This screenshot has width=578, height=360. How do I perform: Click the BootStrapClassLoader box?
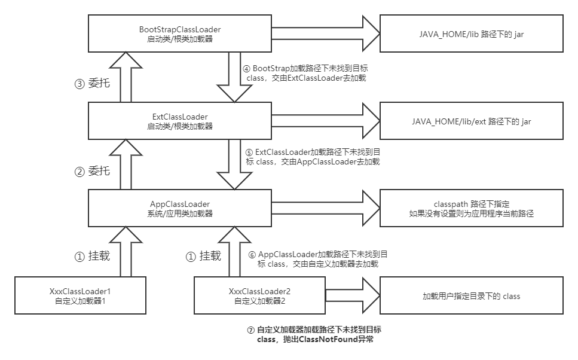pyautogui.click(x=180, y=34)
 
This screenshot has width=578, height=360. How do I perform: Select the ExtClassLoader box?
pyautogui.click(x=180, y=121)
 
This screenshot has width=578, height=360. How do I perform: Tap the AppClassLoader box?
pyautogui.click(x=180, y=208)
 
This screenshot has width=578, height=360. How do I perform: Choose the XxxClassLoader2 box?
pyautogui.click(x=260, y=295)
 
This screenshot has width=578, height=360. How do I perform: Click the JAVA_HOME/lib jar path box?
pyautogui.click(x=472, y=34)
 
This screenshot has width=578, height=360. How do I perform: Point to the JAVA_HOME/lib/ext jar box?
pyautogui.click(x=472, y=121)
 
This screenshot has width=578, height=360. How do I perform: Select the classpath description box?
pyautogui.click(x=472, y=208)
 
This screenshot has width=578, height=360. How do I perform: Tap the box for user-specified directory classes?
pyautogui.click(x=472, y=295)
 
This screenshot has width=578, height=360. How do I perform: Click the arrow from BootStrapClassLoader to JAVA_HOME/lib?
pyautogui.click(x=326, y=34)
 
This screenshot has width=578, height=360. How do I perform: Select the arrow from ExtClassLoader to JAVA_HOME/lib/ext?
pyautogui.click(x=326, y=121)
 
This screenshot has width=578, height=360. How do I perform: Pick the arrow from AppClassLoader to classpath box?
pyautogui.click(x=326, y=208)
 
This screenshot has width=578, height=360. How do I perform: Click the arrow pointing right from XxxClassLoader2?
pyautogui.click(x=351, y=295)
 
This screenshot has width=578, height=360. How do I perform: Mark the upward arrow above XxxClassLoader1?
pyautogui.click(x=125, y=251)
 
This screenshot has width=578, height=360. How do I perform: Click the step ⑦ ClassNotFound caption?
pyautogui.click(x=314, y=334)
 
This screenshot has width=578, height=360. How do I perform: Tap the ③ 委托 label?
pyautogui.click(x=92, y=84)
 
